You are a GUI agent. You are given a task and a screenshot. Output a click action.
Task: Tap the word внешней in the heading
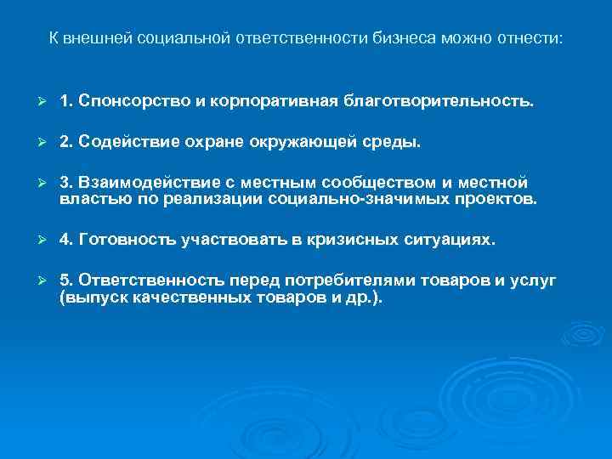coord(91,40)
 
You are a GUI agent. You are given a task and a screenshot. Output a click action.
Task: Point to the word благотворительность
coord(439,102)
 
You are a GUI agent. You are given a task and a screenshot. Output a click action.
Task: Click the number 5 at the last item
coord(65,280)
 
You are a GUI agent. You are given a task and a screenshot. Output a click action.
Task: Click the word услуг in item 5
coord(535,280)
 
